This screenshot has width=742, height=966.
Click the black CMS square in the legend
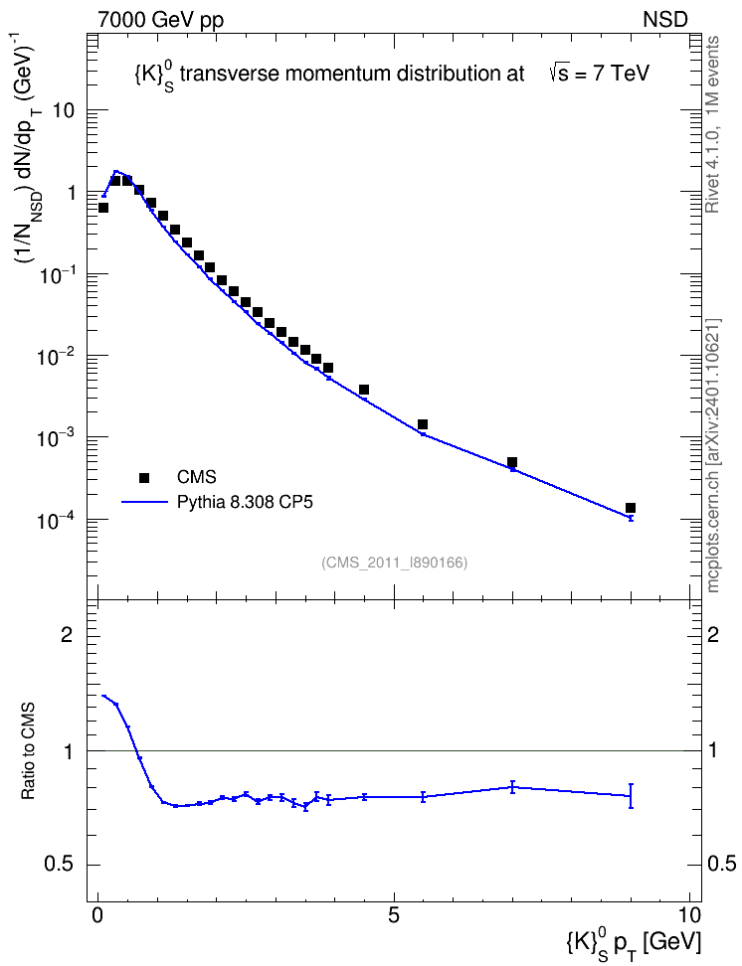click(144, 477)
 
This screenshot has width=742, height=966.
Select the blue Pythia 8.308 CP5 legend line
click(144, 502)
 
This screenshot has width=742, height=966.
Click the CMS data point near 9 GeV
click(631, 508)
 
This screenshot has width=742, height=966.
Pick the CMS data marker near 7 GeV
click(512, 462)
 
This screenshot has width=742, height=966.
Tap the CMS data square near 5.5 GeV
click(423, 424)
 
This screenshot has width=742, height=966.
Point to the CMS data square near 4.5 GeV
click(364, 390)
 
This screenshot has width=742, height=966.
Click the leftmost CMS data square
click(103, 208)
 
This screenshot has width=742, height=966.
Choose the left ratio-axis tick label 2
click(67, 634)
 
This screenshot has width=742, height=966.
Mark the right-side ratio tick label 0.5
click(721, 865)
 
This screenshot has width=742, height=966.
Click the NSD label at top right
click(664, 19)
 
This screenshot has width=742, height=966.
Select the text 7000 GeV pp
click(160, 20)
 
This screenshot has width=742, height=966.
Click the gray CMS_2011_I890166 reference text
click(394, 563)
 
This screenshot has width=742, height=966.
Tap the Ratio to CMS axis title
click(28, 750)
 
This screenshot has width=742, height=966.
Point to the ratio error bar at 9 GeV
click(631, 795)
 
